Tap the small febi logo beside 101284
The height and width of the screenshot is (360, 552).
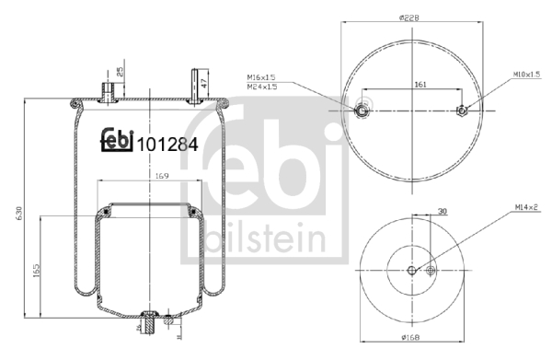pos(115,136)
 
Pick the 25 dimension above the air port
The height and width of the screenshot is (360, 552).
pos(118,71)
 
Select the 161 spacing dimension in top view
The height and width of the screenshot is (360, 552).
pos(420,85)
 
